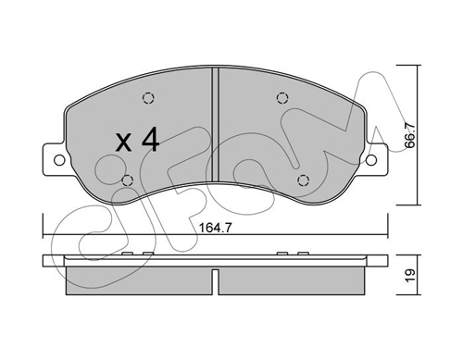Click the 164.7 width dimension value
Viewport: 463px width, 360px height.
point(215,228)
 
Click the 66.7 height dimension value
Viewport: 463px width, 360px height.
point(410,135)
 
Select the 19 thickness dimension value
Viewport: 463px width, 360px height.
point(410,276)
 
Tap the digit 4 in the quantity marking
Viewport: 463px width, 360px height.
point(150,140)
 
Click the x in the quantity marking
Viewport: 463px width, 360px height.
point(124,143)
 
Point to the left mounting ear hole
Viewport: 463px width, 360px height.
point(59,160)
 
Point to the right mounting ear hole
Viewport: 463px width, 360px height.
point(371,160)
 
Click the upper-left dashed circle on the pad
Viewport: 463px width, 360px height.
point(148,98)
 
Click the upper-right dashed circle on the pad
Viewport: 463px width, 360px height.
point(282,98)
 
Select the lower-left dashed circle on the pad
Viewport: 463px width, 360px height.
point(128,180)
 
